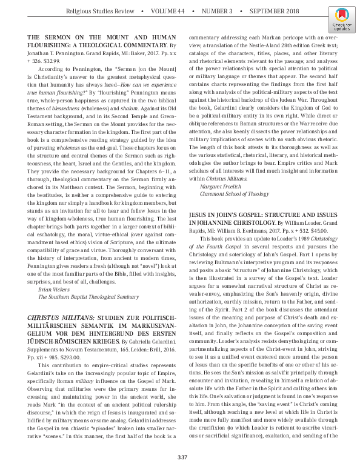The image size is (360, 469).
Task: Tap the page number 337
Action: [180, 457]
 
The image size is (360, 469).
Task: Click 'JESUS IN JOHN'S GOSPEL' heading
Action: [226, 215]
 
